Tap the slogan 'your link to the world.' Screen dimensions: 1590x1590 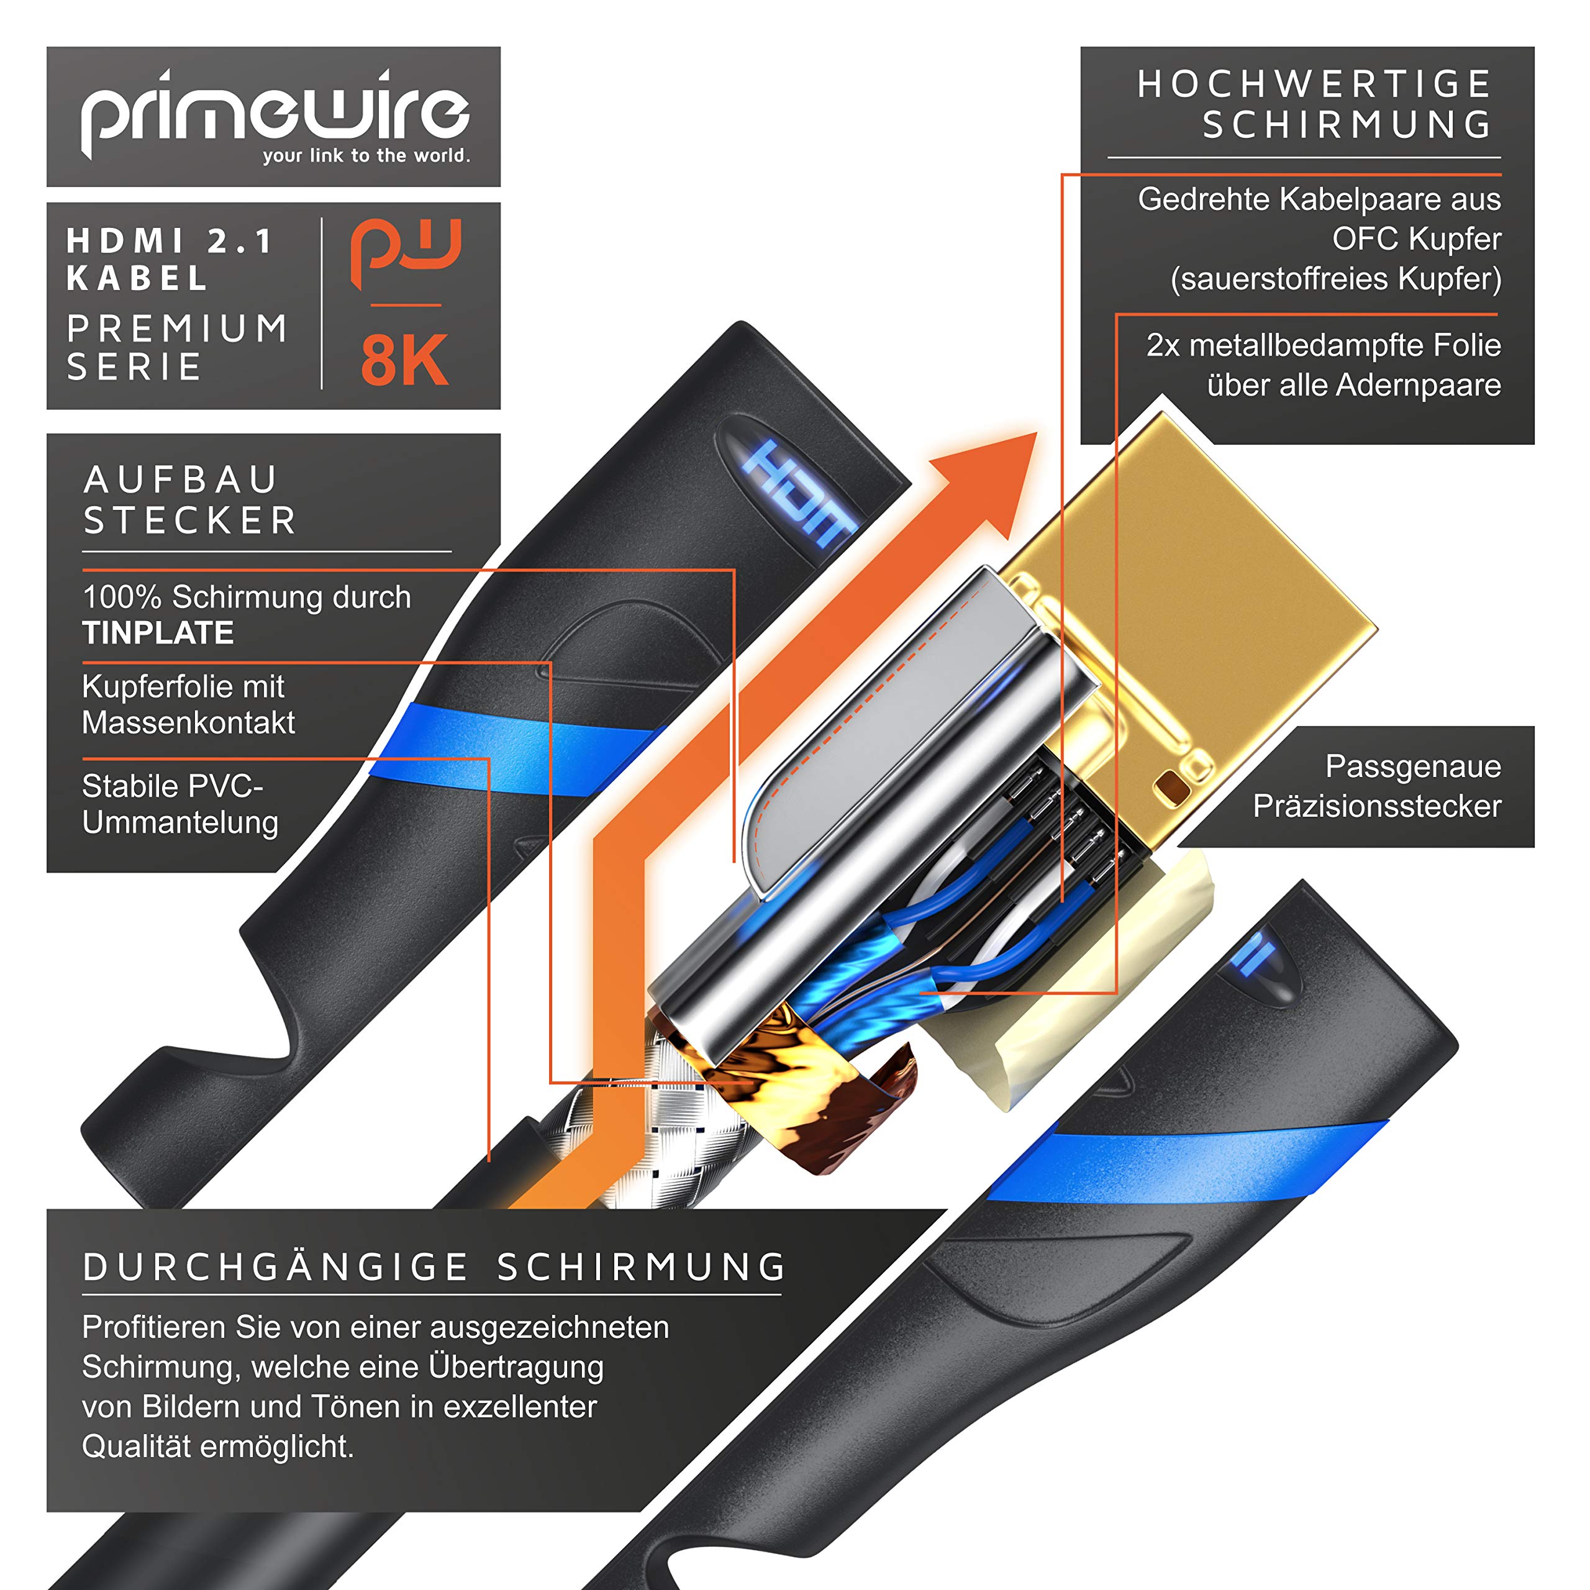tap(366, 155)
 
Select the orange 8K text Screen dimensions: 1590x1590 tap(404, 360)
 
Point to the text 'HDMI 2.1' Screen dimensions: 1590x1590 tap(170, 241)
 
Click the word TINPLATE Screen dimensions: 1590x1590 tap(158, 633)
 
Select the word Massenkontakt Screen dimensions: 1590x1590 tap(188, 722)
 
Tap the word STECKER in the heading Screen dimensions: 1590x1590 tap(190, 520)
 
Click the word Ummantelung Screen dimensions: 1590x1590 tap(180, 822)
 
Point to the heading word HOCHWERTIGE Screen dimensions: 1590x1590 tap(1314, 84)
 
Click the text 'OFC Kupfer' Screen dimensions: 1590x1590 tap(1416, 238)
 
